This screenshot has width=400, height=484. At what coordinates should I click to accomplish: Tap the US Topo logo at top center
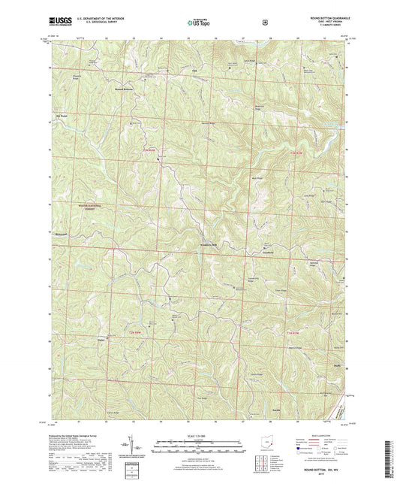click(200, 23)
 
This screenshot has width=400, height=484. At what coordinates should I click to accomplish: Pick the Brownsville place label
click(61, 234)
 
